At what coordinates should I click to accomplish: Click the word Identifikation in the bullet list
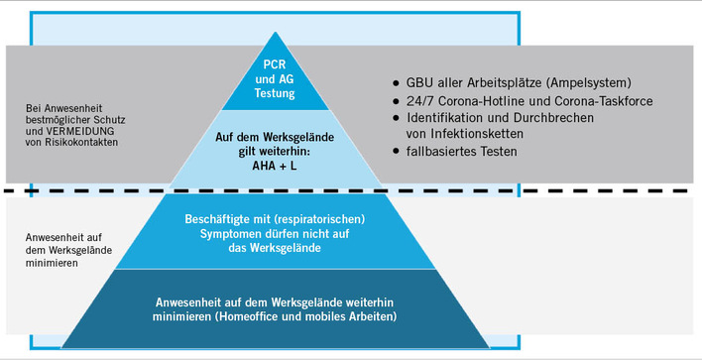pos(447,116)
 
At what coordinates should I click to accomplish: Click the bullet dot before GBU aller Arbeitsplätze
pos(397,81)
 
